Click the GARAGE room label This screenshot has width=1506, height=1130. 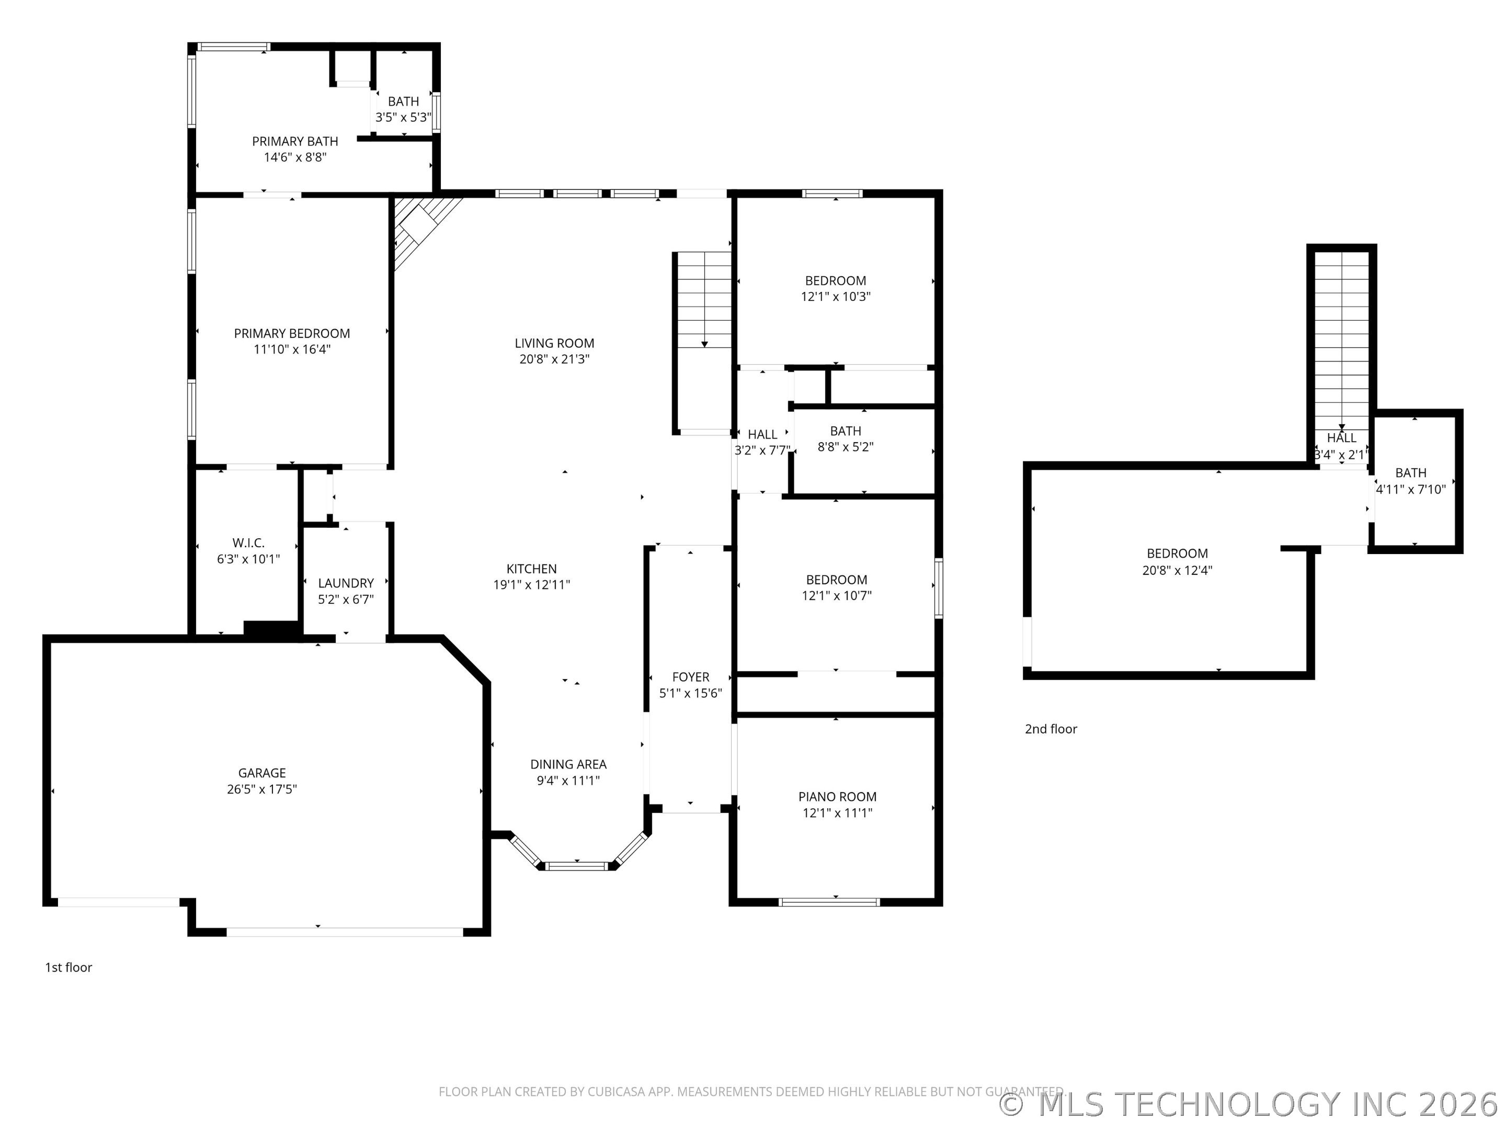coord(261,773)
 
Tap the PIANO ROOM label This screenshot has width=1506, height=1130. coord(837,797)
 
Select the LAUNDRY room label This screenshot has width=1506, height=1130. coord(346,583)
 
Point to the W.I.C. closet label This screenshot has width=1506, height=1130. coord(248,543)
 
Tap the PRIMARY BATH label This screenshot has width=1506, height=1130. coord(295,142)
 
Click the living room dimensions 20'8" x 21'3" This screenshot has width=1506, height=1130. coord(554,359)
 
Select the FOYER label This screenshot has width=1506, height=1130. coord(690,677)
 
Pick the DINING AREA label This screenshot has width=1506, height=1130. coord(568,764)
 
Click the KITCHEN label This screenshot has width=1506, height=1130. coord(532,569)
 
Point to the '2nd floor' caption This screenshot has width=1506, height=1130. coord(1051,729)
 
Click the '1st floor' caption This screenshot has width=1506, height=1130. coord(68,967)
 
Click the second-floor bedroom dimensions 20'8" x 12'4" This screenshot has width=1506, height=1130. coord(1177,570)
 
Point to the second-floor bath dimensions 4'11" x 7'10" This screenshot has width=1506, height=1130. coord(1411,489)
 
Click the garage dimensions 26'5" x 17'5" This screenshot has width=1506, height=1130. coord(261,789)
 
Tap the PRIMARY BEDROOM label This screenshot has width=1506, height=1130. coord(292,334)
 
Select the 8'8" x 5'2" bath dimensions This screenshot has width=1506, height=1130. coord(846,447)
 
